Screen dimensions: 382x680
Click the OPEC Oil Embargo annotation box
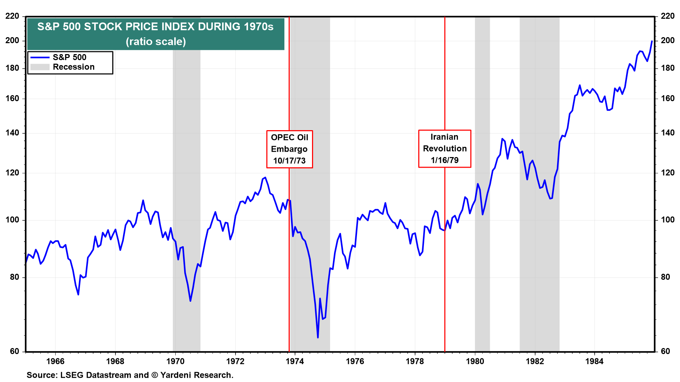[x=289, y=149]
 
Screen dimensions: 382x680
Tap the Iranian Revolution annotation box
[x=444, y=149]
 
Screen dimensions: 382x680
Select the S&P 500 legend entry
[x=69, y=57]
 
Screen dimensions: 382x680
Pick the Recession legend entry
[x=73, y=67]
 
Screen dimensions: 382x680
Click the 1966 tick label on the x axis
[x=55, y=361]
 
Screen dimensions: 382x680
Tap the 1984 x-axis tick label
[x=594, y=361]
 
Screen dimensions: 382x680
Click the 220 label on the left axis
[x=12, y=16]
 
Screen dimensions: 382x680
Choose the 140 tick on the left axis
[x=12, y=133]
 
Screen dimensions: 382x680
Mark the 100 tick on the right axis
[x=667, y=220]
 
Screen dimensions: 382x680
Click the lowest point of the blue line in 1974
[x=318, y=337]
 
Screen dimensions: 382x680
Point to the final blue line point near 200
[x=652, y=41]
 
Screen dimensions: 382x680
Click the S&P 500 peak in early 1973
[x=265, y=178]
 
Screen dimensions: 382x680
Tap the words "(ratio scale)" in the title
[x=156, y=42]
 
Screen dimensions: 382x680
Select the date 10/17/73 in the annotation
[x=289, y=161]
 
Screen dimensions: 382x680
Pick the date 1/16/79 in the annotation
[x=444, y=160]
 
